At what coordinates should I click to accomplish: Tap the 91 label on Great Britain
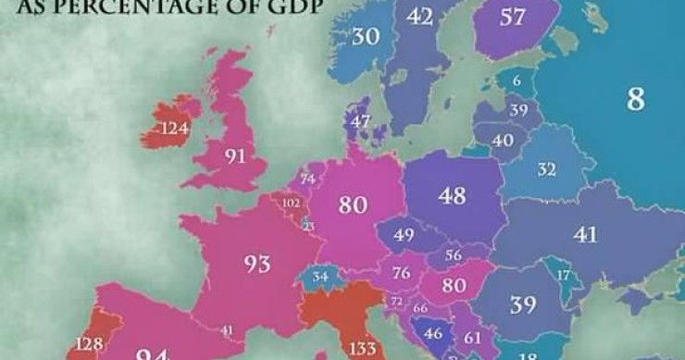235,156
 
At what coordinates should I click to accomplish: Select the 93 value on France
257,265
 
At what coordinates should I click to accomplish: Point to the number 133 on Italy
363,349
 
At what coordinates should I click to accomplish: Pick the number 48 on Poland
452,195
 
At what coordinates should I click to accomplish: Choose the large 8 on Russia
635,100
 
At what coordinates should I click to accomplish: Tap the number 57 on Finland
514,17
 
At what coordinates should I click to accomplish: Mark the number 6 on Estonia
516,81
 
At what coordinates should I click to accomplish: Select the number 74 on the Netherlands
307,179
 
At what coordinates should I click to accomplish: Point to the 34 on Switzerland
320,276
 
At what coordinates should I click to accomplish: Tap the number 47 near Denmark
361,121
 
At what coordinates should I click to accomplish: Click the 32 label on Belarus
547,169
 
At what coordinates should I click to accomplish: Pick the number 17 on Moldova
563,275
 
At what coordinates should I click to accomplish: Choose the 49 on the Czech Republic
404,236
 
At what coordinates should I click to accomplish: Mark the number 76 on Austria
402,273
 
